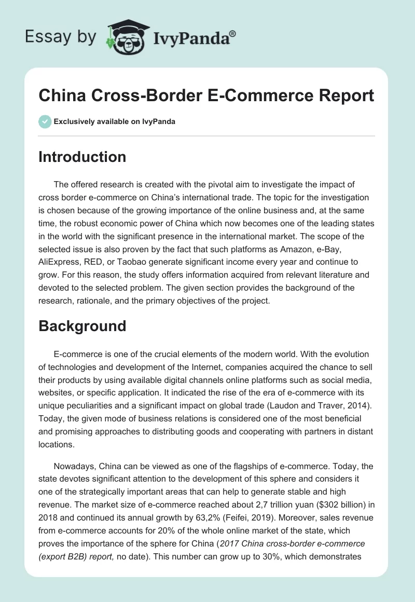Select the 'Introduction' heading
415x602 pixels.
coord(82,157)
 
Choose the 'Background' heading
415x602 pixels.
coord(82,326)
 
